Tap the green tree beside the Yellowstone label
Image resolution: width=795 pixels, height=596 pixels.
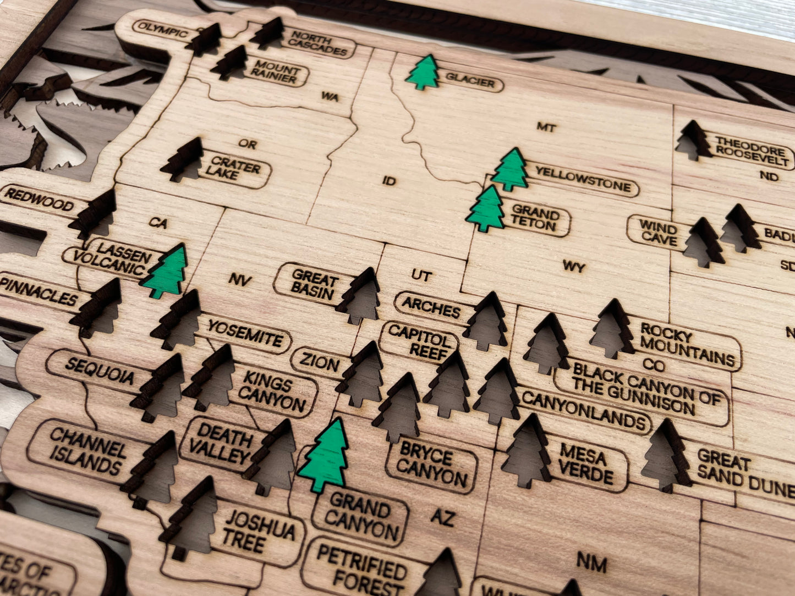[510, 170]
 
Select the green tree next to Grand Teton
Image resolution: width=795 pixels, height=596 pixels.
[486, 209]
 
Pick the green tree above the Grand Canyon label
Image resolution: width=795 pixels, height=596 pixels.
[326, 456]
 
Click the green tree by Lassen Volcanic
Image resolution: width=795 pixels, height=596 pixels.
[166, 272]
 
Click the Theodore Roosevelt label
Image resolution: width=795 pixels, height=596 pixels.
[752, 151]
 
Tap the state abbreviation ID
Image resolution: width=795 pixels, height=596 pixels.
[388, 180]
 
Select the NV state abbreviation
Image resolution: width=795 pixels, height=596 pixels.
[240, 280]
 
